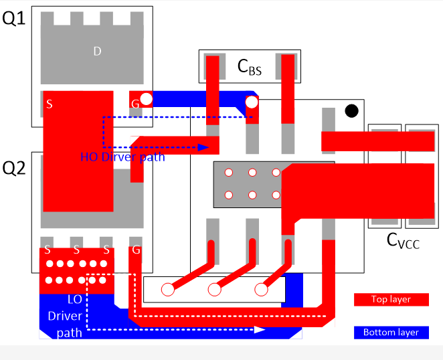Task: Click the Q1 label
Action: [14, 19]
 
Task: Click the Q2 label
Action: [14, 169]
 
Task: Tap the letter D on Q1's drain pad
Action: [97, 51]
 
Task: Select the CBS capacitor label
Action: [250, 66]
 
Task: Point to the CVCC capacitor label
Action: [404, 241]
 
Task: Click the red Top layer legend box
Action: [391, 299]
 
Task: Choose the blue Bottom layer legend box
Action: [391, 332]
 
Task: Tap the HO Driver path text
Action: [122, 158]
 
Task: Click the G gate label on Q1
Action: [135, 104]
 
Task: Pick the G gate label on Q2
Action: [137, 250]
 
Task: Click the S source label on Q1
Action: [49, 104]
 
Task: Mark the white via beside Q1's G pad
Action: [147, 100]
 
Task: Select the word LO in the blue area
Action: [74, 300]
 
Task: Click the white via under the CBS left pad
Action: [252, 102]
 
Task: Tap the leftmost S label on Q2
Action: [47, 250]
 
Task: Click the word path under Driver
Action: [70, 332]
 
